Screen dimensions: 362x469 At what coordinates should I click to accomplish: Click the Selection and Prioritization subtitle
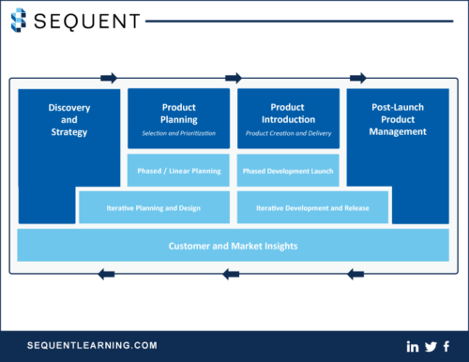(178, 134)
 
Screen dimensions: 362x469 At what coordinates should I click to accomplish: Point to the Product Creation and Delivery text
(288, 134)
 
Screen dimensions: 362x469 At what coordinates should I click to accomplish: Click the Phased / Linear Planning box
(178, 171)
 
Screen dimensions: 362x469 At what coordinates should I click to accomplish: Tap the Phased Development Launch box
(288, 171)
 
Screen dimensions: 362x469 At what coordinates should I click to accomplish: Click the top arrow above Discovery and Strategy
(110, 78)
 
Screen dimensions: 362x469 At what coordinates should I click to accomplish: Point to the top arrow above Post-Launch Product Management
(357, 78)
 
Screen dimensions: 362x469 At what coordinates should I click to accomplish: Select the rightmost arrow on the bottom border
(355, 274)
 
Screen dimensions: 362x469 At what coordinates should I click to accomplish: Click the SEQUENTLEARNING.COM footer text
(91, 345)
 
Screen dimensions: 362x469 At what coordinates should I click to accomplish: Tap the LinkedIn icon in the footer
(413, 346)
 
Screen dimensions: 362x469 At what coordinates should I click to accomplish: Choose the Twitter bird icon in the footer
(430, 346)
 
